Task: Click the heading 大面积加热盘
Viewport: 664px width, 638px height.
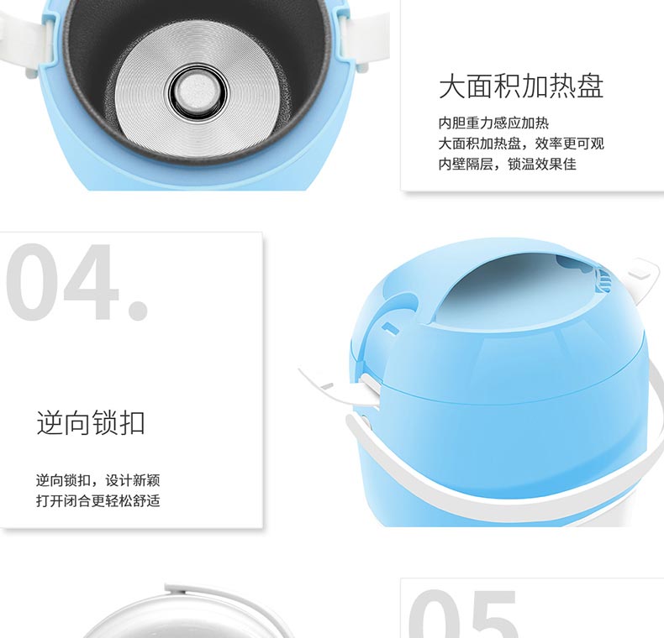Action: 521,86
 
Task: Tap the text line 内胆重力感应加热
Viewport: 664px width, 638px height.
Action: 493,123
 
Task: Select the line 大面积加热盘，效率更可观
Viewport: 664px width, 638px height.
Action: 521,144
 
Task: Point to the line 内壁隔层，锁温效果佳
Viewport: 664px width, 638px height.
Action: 508,164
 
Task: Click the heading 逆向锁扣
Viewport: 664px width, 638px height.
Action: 91,422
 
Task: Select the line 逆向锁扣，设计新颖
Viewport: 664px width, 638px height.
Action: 97,481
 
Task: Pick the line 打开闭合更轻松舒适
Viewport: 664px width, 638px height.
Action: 97,501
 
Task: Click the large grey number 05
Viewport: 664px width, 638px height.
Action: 464,614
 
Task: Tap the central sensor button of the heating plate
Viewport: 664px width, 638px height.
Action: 198,92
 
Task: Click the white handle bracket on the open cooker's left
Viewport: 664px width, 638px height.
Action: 25,42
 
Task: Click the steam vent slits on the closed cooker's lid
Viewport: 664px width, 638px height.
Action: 603,280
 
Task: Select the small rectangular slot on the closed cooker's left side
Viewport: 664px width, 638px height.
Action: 390,328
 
